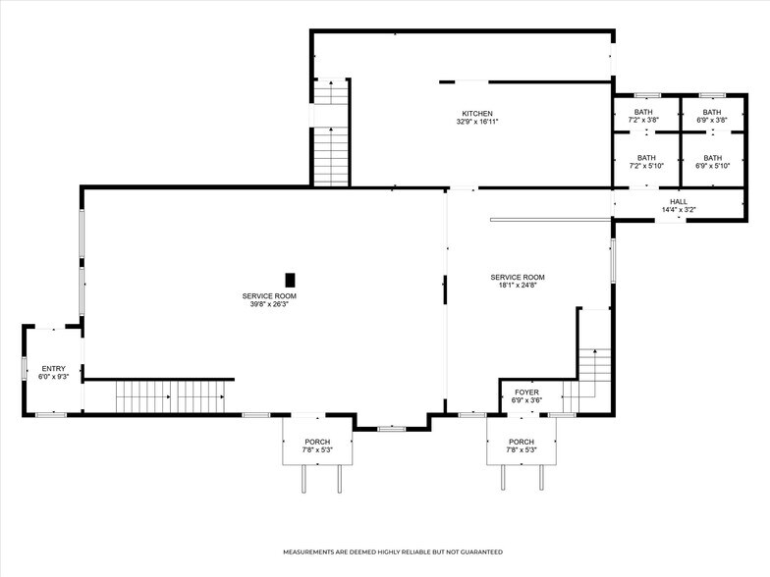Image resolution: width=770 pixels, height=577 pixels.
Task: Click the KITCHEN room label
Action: tap(477, 113)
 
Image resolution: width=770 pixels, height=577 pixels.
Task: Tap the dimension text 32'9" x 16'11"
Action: tap(477, 122)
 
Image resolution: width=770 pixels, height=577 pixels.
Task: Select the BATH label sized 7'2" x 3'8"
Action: tap(643, 112)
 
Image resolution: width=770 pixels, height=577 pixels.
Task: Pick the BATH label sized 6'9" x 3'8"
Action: tap(712, 112)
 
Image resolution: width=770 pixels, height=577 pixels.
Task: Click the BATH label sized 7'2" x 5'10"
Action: tap(646, 158)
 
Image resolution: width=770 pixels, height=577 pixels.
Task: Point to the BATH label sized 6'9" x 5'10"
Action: tap(712, 158)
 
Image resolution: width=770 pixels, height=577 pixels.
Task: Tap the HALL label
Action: tap(679, 201)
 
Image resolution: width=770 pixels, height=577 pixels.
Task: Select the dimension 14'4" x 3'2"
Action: tap(679, 210)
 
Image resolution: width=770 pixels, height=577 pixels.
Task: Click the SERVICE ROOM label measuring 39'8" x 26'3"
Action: tap(269, 295)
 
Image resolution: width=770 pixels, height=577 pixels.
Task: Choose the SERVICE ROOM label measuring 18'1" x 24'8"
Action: tap(518, 277)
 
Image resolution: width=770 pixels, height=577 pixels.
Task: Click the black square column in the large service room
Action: tap(291, 280)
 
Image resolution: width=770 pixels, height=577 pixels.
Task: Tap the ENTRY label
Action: tap(53, 368)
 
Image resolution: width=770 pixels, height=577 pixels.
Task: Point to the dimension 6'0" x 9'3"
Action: tap(53, 377)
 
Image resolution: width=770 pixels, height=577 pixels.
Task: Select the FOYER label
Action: tap(527, 392)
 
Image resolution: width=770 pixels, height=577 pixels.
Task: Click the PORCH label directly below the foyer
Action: tap(522, 442)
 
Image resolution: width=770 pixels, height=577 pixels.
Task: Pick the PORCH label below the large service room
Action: tap(317, 442)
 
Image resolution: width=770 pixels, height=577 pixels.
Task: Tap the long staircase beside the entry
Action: tap(171, 396)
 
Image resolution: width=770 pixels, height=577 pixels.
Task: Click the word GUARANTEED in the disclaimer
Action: tap(476, 552)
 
